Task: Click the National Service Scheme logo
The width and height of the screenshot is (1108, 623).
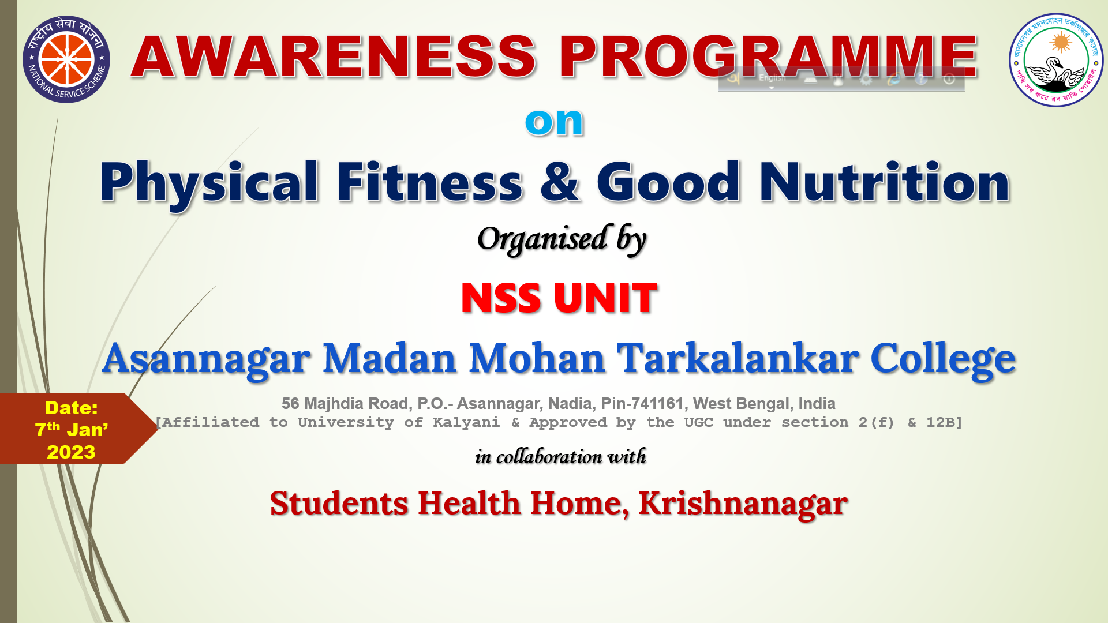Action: point(66,59)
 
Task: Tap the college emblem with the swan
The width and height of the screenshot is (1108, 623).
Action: point(1056,60)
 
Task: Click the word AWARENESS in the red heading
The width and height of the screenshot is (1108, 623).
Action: point(334,57)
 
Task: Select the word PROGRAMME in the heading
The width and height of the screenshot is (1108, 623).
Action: point(768,57)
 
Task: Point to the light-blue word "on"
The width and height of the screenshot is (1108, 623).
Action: point(555,122)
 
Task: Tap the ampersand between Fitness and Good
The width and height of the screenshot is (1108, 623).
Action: point(560,182)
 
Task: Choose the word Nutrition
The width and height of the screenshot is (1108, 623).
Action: point(885,182)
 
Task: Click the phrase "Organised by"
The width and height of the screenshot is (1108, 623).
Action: point(562,239)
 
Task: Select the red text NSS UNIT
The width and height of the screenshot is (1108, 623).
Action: point(559,298)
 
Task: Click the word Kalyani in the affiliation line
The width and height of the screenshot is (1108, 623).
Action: point(466,423)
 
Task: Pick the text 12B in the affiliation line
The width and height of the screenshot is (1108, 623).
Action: point(941,422)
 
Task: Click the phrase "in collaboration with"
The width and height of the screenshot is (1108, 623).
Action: point(560,456)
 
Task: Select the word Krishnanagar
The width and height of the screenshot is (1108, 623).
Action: point(743,504)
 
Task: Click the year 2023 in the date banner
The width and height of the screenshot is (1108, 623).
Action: point(71,452)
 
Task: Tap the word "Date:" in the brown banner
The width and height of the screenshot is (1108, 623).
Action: point(72,408)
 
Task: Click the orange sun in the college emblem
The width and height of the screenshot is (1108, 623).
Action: point(1061,42)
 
